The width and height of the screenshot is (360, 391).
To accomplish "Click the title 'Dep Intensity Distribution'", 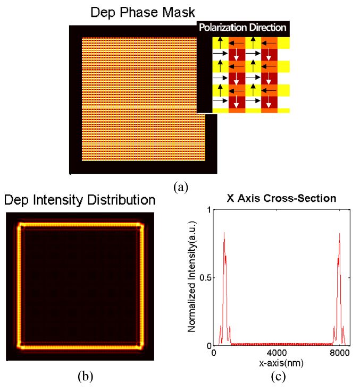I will point(80,200).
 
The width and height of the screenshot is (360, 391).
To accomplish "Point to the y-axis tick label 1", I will point(207,210).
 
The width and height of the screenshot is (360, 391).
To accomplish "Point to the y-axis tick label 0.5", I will point(203,278).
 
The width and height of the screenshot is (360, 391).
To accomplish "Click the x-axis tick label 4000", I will point(276,353).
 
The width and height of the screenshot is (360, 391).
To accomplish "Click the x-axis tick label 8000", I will point(339,353).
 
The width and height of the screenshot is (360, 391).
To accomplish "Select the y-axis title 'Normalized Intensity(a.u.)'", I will point(194,278).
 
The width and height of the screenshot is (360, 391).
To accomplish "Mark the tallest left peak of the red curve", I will point(224,233).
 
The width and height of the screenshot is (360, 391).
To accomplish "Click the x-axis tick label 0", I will point(213,353).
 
